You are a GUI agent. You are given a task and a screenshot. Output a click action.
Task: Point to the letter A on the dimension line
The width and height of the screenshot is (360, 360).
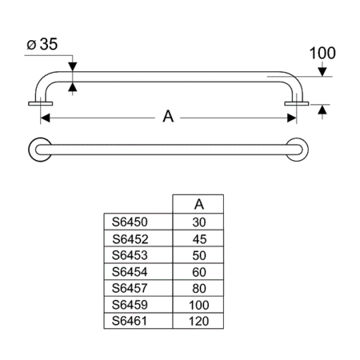click(168, 116)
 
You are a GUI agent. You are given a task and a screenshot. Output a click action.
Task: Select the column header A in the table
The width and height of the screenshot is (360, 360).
click(198, 203)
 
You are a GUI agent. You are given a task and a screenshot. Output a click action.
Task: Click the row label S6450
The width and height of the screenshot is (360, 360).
click(132, 222)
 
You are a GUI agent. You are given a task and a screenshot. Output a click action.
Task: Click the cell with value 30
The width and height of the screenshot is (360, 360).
click(198, 222)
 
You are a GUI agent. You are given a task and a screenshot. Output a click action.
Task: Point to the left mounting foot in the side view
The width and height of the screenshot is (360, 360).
click(39, 103)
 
